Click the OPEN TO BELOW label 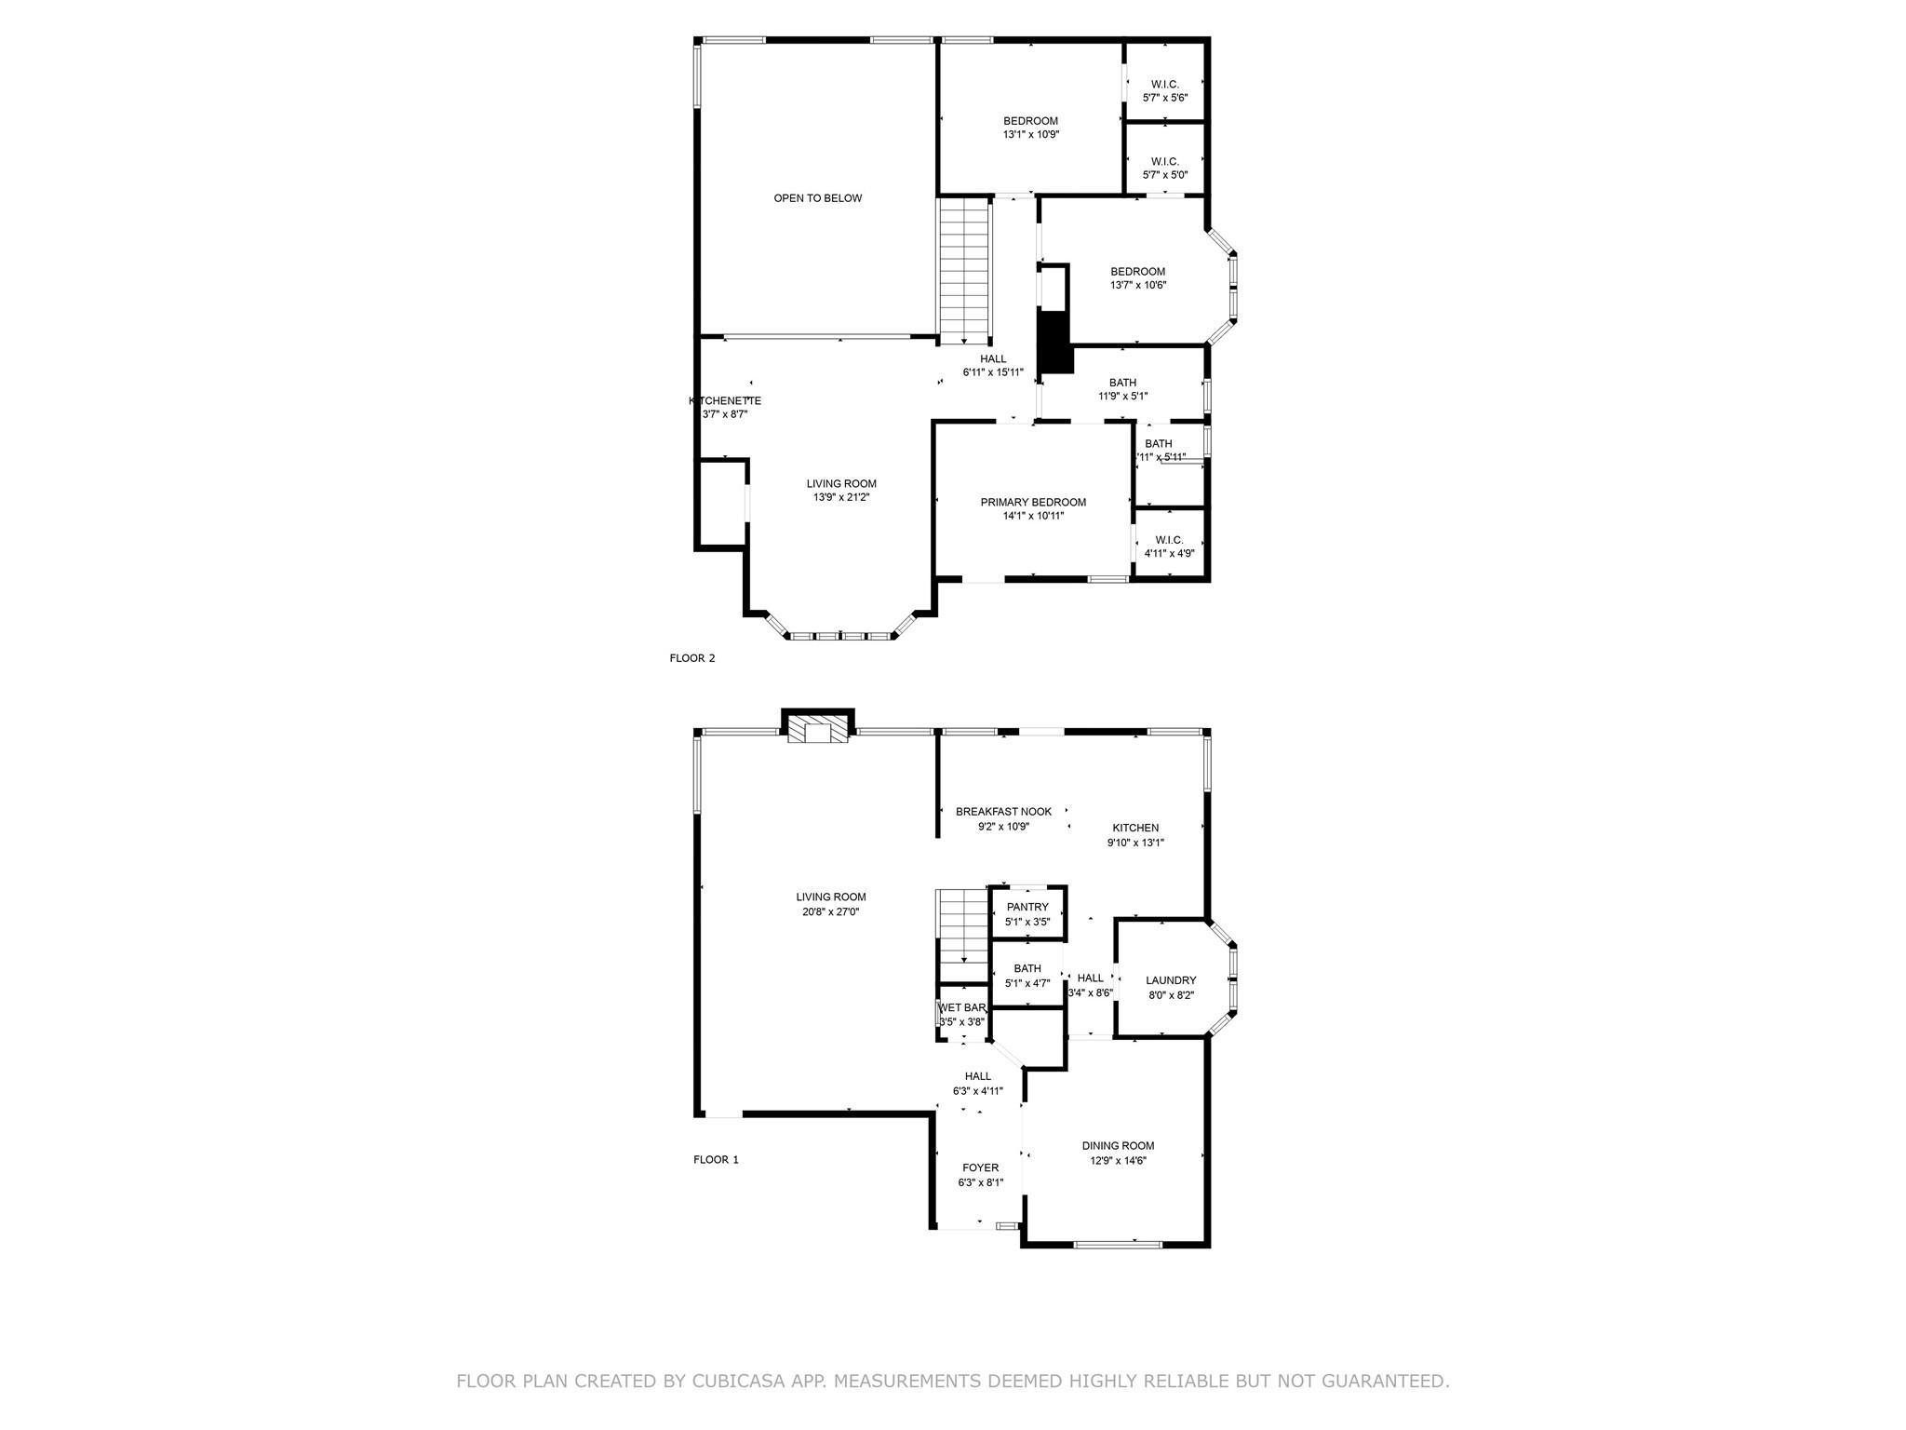pyautogui.click(x=817, y=198)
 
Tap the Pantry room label pyautogui.click(x=1027, y=907)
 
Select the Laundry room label pyautogui.click(x=1171, y=980)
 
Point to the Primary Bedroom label pyautogui.click(x=1033, y=503)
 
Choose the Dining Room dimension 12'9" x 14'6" pyautogui.click(x=1118, y=1161)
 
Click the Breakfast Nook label pyautogui.click(x=1003, y=812)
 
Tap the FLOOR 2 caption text pyautogui.click(x=692, y=658)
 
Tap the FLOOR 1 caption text pyautogui.click(x=716, y=1160)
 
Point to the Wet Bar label pyautogui.click(x=962, y=1008)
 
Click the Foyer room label pyautogui.click(x=980, y=1168)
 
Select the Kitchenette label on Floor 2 pyautogui.click(x=725, y=401)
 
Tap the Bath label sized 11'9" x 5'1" pyautogui.click(x=1122, y=383)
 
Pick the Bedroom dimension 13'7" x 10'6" pyautogui.click(x=1137, y=286)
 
